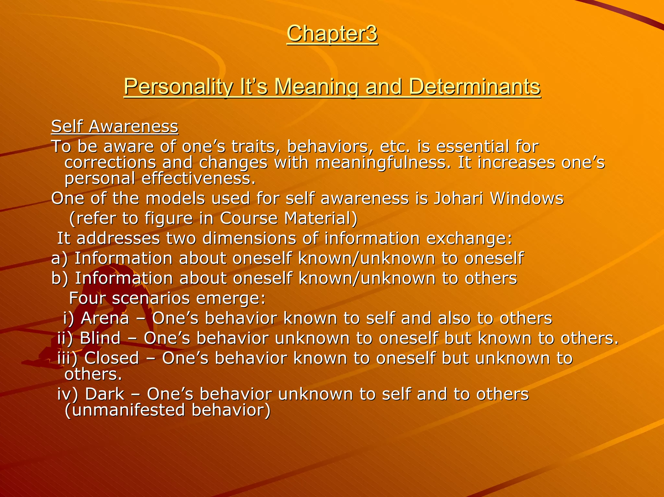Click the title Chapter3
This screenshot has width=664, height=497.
pyautogui.click(x=332, y=34)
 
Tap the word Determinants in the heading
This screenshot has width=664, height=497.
pyautogui.click(x=474, y=87)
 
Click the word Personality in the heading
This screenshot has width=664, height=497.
pyautogui.click(x=178, y=87)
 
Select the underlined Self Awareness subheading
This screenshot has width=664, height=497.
pyautogui.click(x=115, y=126)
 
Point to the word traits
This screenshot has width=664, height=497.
pyautogui.click(x=254, y=146)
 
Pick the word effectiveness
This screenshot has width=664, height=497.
pyautogui.click(x=198, y=179)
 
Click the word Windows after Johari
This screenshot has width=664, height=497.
pyautogui.click(x=527, y=198)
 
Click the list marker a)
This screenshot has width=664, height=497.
pyautogui.click(x=60, y=259)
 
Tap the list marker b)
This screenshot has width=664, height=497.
pyautogui.click(x=60, y=279)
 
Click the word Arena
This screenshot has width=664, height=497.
pyautogui.click(x=105, y=318)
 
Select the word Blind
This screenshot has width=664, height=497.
pyautogui.click(x=100, y=338)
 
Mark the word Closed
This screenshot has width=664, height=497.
pyautogui.click(x=112, y=358)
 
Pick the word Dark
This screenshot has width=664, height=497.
pyautogui.click(x=104, y=394)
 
